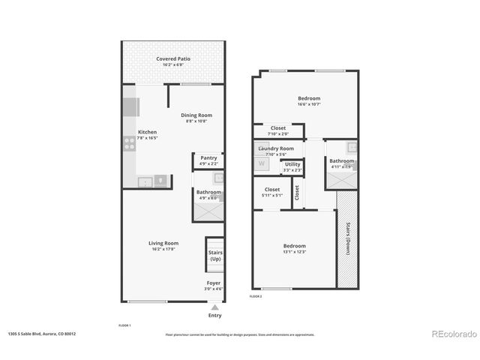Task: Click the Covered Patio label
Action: tap(173, 58)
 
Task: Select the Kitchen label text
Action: tap(147, 132)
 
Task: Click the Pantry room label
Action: tap(208, 158)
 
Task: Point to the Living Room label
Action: tap(163, 243)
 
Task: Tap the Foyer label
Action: tap(214, 283)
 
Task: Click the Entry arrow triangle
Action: tap(215, 307)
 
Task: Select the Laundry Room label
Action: tap(275, 148)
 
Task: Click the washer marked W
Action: tap(262, 163)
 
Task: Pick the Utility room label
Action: tap(292, 164)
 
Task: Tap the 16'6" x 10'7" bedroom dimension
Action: tap(309, 104)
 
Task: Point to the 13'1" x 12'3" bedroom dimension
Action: tap(294, 252)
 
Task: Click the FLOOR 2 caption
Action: tap(256, 296)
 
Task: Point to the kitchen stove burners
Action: tap(129, 142)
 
